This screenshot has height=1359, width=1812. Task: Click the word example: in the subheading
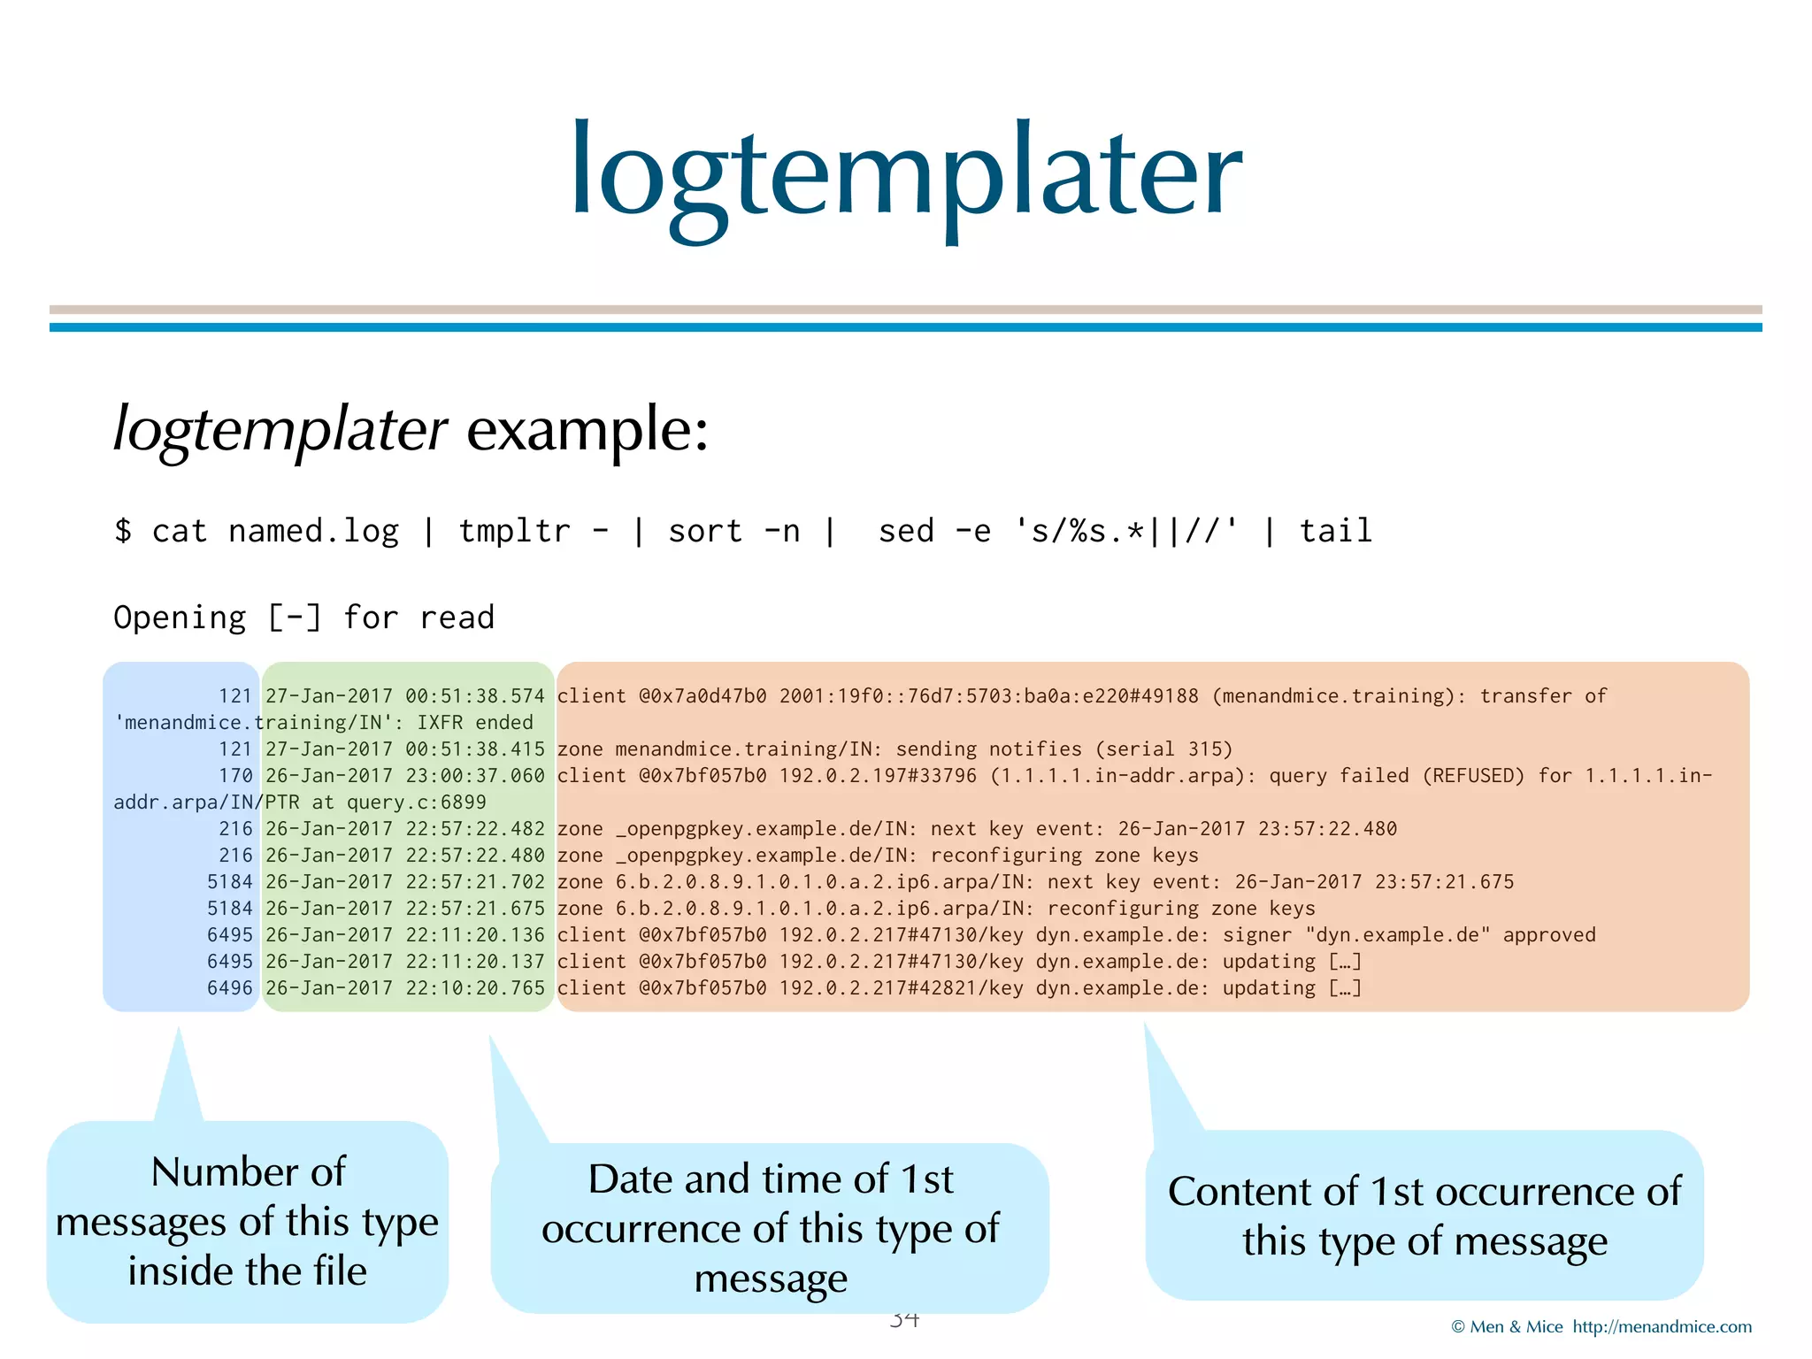[x=587, y=430]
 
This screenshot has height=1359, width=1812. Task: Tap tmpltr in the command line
[x=514, y=531]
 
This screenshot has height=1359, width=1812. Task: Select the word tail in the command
[x=1335, y=531]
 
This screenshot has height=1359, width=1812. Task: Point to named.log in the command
[x=313, y=531]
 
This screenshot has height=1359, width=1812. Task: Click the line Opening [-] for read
[x=303, y=618]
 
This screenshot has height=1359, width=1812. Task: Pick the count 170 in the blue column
[x=235, y=776]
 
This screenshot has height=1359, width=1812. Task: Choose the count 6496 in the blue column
[x=229, y=988]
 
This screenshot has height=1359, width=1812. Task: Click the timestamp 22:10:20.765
[x=475, y=988]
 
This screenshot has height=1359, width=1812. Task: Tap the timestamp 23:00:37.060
[x=475, y=776]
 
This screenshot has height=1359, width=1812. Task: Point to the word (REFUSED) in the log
[x=1473, y=776]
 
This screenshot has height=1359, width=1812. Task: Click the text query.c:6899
[x=416, y=802]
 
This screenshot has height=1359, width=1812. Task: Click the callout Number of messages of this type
[x=248, y=1221]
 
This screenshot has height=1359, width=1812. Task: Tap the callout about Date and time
[x=770, y=1228]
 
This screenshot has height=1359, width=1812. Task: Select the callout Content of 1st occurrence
[x=1424, y=1216]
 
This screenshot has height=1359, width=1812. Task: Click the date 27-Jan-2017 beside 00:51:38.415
[x=328, y=749]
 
